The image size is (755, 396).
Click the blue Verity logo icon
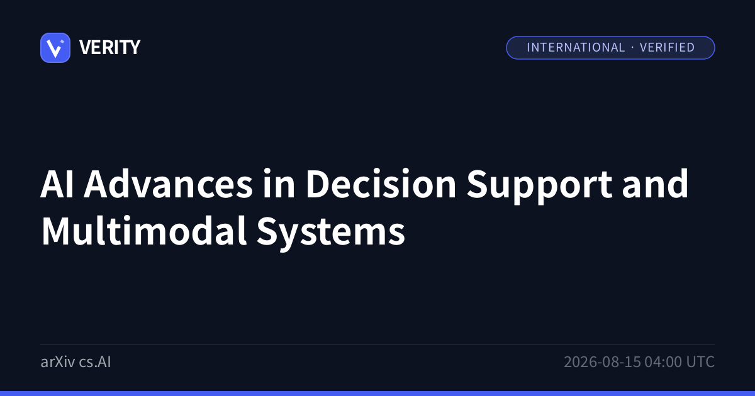55,48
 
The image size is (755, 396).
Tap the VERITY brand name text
109,48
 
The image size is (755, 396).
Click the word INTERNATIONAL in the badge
576,48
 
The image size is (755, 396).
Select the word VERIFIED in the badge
667,48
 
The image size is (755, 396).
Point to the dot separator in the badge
632,48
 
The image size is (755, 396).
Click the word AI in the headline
57,184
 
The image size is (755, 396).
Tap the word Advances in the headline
168,184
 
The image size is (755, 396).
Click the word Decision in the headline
381,184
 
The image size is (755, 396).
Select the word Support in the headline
539,186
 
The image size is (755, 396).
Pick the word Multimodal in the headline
144,231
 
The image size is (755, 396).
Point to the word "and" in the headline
655,184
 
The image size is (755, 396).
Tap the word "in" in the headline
279,184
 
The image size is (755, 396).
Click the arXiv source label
58,362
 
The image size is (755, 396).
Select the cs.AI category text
95,362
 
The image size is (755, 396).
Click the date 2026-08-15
602,362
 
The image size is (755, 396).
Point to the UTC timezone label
700,362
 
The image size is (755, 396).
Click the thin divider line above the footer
377,344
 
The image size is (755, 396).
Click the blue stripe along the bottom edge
377,393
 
